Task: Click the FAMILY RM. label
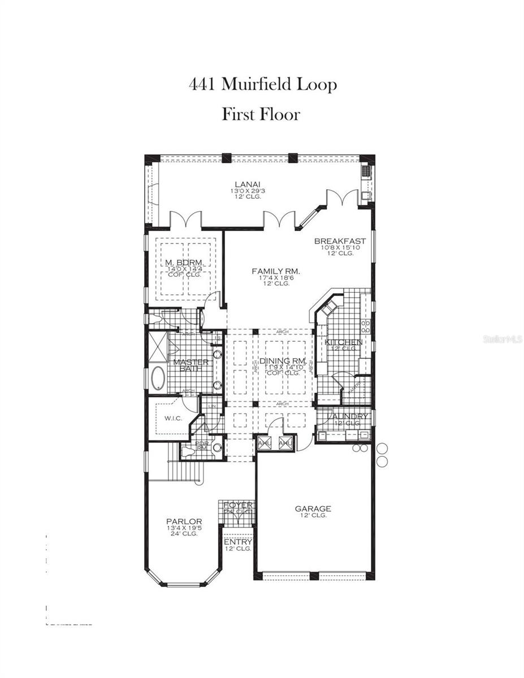coord(275,272)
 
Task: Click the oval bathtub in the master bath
coord(157,378)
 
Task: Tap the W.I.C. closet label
coord(172,419)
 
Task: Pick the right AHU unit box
coord(285,443)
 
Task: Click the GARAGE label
coord(313,508)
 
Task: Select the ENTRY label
coord(237,542)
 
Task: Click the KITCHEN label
coord(344,342)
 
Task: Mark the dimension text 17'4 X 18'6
coord(275,278)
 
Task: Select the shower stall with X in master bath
coord(157,346)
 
